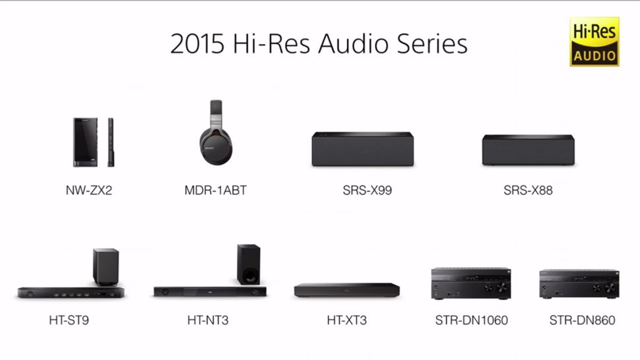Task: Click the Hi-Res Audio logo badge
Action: (x=594, y=42)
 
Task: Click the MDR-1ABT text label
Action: (x=216, y=191)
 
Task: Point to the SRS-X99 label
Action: (x=362, y=191)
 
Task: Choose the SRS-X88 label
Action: (x=528, y=191)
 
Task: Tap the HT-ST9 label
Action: (x=69, y=320)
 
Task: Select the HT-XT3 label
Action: (x=347, y=320)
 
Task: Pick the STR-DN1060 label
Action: (x=471, y=320)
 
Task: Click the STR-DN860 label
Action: (x=582, y=320)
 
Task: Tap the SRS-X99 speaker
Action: (x=362, y=149)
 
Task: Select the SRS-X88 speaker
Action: (x=527, y=150)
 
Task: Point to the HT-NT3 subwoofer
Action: (x=248, y=264)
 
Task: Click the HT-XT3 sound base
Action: (x=347, y=290)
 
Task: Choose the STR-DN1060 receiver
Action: (x=470, y=284)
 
